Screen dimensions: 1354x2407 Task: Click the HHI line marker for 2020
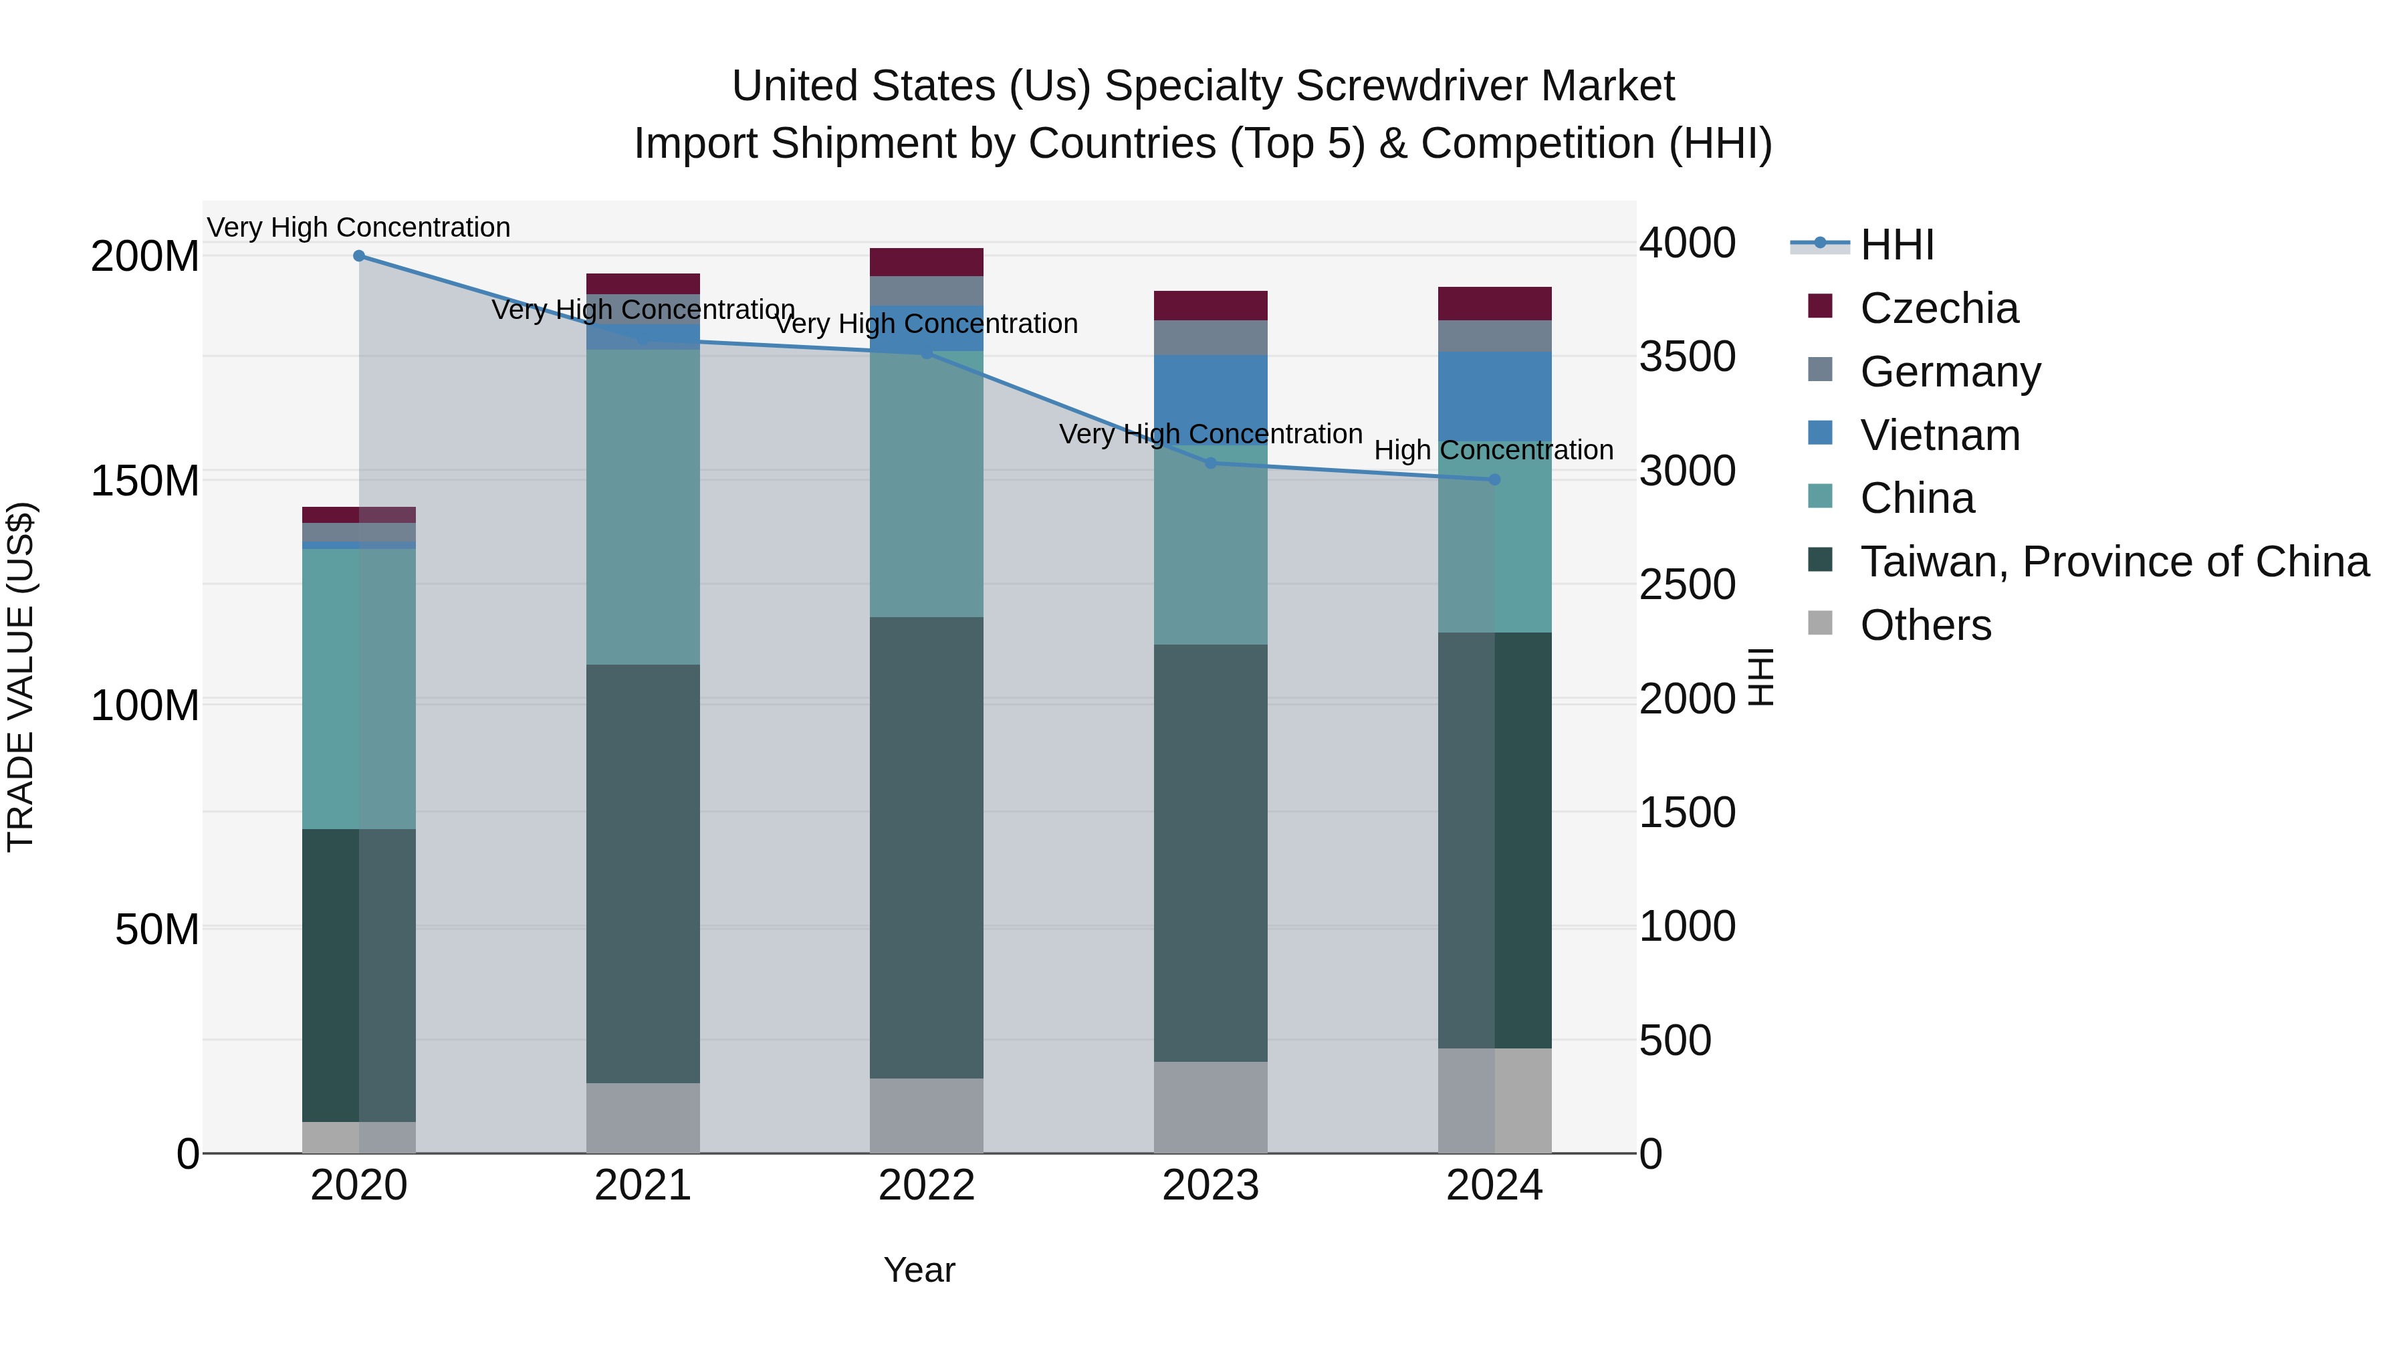[x=359, y=256]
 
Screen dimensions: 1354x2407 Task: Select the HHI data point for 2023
[x=1210, y=463]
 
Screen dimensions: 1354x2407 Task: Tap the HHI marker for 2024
[x=1494, y=480]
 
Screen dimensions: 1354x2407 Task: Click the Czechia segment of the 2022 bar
[x=926, y=263]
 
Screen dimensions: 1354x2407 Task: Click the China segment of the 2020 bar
[x=359, y=689]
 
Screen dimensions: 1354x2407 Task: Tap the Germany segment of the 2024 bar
[x=1494, y=336]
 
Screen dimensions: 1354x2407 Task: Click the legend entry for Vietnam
[x=1939, y=435]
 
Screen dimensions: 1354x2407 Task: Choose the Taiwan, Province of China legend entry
[x=2113, y=562]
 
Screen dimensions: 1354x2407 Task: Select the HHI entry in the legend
[x=1896, y=245]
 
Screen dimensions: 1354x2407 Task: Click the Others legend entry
[x=1925, y=625]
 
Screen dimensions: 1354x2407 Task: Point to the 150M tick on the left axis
[x=145, y=481]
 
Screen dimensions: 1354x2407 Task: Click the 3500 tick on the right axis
[x=1688, y=357]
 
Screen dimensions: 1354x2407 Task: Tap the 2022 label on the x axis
[x=926, y=1186]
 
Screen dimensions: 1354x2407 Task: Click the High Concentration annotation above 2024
[x=1493, y=451]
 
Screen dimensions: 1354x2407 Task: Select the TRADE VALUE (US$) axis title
[x=21, y=677]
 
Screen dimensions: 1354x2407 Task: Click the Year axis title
[x=919, y=1270]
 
